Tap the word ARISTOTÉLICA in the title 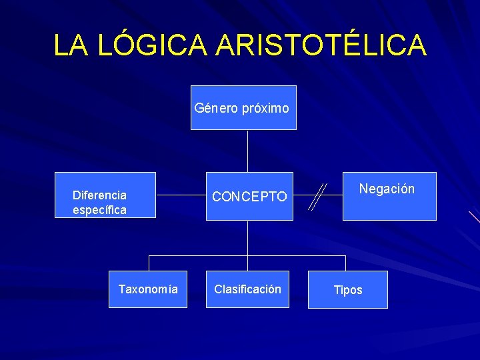pos(321,45)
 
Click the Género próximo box pos(243,107)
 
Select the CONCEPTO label pos(249,197)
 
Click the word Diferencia pos(99,195)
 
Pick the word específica pos(99,210)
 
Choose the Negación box pos(389,196)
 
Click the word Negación pos(387,189)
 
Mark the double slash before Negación pos(319,197)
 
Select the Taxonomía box pos(148,289)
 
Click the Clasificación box pos(247,289)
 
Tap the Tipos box pos(347,289)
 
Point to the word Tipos pos(348,290)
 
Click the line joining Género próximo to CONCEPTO pos(247,151)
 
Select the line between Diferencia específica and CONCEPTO pos(180,196)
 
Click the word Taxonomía pos(148,289)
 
